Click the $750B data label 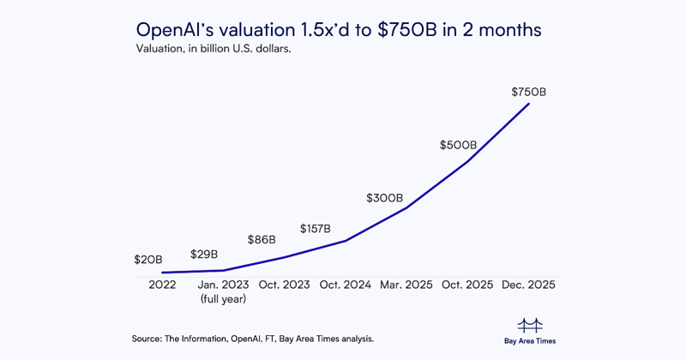pyautogui.click(x=529, y=91)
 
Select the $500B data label pyautogui.click(x=458, y=146)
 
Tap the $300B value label pyautogui.click(x=384, y=198)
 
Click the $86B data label pyautogui.click(x=262, y=240)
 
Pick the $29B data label pyautogui.click(x=204, y=255)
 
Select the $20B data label pyautogui.click(x=148, y=259)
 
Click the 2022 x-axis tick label pyautogui.click(x=161, y=285)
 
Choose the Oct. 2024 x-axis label pyautogui.click(x=345, y=285)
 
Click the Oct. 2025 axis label pyautogui.click(x=468, y=285)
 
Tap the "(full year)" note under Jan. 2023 pyautogui.click(x=223, y=299)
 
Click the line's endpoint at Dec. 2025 pyautogui.click(x=529, y=104)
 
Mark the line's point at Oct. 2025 pyautogui.click(x=468, y=160)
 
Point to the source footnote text pyautogui.click(x=253, y=339)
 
